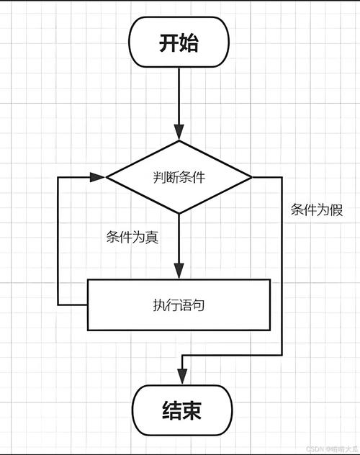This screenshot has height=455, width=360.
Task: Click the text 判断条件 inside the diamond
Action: [179, 177]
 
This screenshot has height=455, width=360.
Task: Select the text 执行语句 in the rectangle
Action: [179, 305]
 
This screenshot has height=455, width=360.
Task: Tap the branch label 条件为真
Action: [132, 238]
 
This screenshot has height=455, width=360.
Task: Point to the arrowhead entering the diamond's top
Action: [179, 133]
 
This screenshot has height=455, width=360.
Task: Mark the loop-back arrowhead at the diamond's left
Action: [99, 176]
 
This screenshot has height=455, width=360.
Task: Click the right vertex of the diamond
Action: [252, 176]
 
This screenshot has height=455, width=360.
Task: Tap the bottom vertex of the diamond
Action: [179, 214]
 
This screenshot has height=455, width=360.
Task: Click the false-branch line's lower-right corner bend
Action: [282, 355]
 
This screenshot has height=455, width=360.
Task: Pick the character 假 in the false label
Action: [336, 210]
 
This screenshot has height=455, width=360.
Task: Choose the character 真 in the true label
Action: [152, 238]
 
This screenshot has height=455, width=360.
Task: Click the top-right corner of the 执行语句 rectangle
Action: [271, 279]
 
